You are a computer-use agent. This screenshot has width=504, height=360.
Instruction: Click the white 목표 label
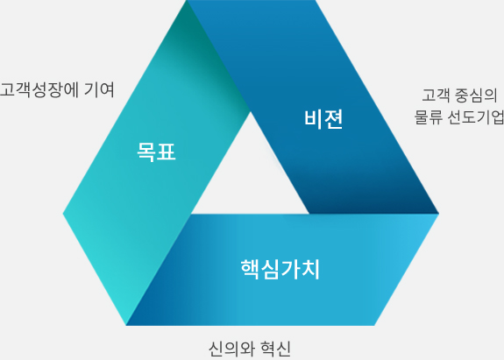coord(156,152)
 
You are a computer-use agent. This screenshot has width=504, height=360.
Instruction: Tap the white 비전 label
coord(323,119)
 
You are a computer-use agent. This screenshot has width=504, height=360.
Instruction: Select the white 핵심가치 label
coord(280,269)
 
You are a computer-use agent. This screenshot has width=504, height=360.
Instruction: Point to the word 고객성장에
coord(39,89)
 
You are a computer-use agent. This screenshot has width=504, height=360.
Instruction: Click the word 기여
coord(99,89)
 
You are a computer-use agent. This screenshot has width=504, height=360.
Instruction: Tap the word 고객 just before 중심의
coord(436,95)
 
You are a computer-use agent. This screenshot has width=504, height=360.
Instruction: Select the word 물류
coord(428,116)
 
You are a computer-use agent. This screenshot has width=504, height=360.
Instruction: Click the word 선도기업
coord(476,116)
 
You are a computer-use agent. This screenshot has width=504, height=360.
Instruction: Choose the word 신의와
coord(231,349)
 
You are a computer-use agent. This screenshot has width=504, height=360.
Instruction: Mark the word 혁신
coord(275,349)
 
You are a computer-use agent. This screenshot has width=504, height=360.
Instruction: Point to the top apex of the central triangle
coord(251,112)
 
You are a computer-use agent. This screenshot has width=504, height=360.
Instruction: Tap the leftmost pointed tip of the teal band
coord(63,213)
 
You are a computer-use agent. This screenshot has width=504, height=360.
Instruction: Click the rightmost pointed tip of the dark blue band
coord(439,213)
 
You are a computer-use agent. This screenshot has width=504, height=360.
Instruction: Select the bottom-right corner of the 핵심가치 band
coord(374,325)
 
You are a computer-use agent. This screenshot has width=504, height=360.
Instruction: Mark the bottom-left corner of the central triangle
coord(192,214)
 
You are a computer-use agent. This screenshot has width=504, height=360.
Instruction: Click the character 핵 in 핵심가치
coord(250,269)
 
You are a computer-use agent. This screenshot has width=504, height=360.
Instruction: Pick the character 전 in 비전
coord(334,119)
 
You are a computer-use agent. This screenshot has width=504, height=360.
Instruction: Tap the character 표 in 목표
coord(167,152)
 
